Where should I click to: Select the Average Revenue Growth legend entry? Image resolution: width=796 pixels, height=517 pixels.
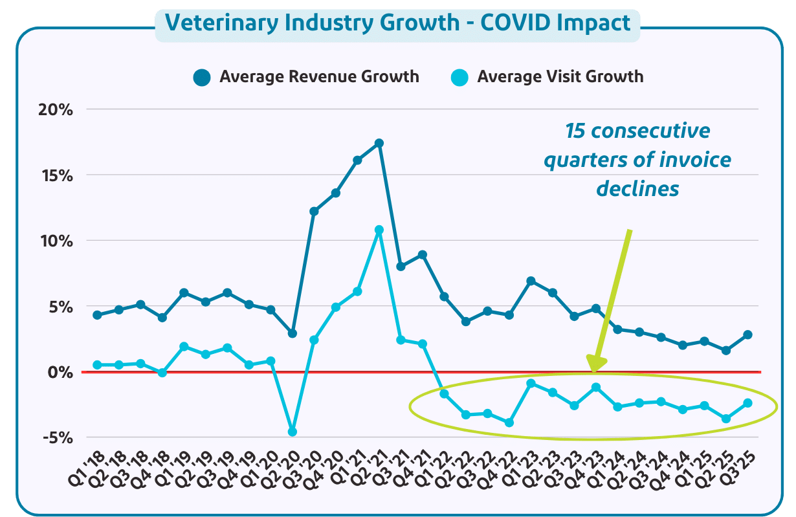pyautogui.click(x=307, y=77)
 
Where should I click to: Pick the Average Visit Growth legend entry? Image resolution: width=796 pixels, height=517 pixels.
pyautogui.click(x=547, y=77)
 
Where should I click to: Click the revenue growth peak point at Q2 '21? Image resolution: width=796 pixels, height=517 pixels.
pyautogui.click(x=379, y=143)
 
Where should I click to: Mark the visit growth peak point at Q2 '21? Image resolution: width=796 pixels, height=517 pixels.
pyautogui.click(x=379, y=230)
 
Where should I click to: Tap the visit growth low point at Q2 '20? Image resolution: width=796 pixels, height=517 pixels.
pyautogui.click(x=293, y=432)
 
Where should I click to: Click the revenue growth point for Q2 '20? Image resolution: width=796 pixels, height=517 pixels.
pyautogui.click(x=293, y=333)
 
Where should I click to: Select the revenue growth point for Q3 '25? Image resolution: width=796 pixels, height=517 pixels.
pyautogui.click(x=747, y=335)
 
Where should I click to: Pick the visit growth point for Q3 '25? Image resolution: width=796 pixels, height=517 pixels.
pyautogui.click(x=747, y=403)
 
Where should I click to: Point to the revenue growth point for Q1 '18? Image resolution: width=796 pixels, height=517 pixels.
pyautogui.click(x=97, y=315)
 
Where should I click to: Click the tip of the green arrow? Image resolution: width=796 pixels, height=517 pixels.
pyautogui.click(x=593, y=370)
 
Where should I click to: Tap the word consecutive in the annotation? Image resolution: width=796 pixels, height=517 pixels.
pyautogui.click(x=637, y=131)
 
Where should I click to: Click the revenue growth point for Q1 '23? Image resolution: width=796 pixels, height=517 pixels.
pyautogui.click(x=531, y=281)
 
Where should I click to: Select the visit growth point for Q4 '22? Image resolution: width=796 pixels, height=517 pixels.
pyautogui.click(x=509, y=423)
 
